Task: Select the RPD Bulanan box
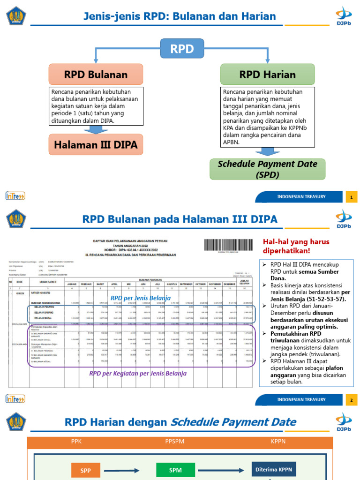pos(96,75)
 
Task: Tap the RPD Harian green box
pos(267,75)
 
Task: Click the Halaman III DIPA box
pos(96,145)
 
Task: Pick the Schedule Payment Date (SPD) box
pos(267,169)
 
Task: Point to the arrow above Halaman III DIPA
pos(96,129)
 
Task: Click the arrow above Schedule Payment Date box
pos(267,152)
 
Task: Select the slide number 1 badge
pos(351,197)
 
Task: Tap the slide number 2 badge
pos(351,400)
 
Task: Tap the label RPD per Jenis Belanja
pos(140,298)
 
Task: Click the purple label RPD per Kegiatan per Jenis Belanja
pos(138,374)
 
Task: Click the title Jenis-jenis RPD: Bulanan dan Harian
pos(180,17)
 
